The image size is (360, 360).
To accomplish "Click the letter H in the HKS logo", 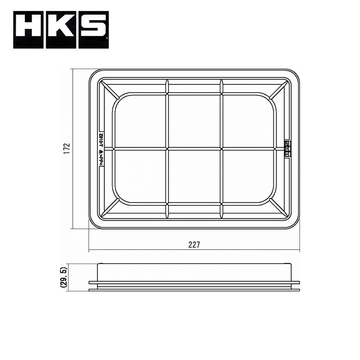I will coord(28,30).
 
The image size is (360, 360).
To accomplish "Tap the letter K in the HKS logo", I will coord(60,30).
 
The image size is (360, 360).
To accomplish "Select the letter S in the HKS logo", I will coord(92,30).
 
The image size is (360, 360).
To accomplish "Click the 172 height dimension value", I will coord(67,148).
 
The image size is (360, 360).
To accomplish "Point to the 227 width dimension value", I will coord(194,244).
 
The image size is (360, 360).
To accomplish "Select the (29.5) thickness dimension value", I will coord(63,277).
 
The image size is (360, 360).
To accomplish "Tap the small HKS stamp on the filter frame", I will coord(287,149).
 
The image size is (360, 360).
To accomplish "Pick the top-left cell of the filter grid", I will coord(141,121).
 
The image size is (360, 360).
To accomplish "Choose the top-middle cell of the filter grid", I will coord(194,121).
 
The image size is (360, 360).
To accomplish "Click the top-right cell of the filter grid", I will coord(248,121).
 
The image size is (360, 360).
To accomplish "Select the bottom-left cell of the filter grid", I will coord(141,176).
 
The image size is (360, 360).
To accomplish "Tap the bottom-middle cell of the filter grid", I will coord(194,176).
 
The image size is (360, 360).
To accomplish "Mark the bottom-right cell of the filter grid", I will coord(248,176).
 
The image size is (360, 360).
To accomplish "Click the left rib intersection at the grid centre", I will coord(167,148).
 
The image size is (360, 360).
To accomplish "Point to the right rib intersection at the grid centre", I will coord(221,148).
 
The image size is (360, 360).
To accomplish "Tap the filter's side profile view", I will coord(194,277).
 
